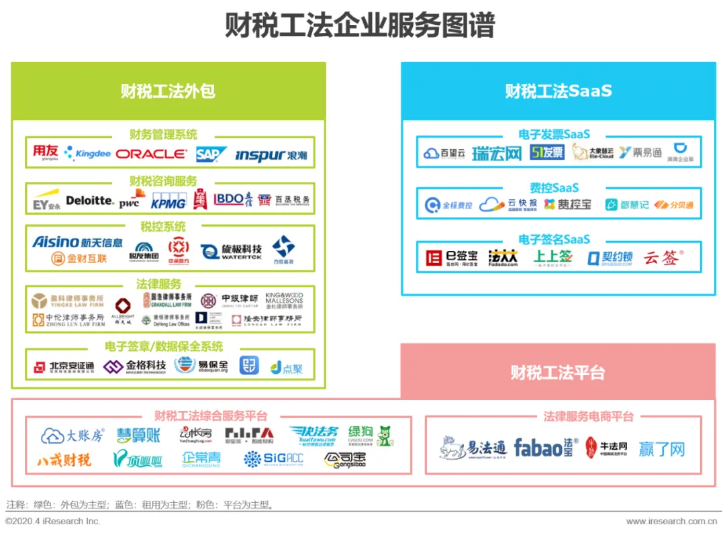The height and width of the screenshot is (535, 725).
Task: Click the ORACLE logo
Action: point(151,154)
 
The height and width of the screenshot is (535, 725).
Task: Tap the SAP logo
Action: point(211,154)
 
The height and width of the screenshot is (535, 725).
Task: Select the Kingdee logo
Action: point(87,154)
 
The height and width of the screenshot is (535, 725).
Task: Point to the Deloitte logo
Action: point(90,200)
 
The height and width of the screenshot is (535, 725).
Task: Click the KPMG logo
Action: point(168,201)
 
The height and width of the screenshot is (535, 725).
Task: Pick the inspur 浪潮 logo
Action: point(271,155)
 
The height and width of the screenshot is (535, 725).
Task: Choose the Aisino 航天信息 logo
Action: point(77,242)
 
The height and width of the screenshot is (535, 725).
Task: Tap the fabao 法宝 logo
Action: point(543,447)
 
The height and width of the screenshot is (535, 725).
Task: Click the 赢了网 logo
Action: point(662,448)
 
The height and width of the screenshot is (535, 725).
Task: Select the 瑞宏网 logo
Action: point(496,153)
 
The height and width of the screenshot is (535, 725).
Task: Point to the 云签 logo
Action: point(663,258)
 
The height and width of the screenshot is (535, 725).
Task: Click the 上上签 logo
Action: point(552,257)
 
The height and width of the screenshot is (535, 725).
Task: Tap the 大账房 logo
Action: point(72,436)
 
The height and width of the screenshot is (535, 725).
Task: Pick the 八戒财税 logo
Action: point(64,460)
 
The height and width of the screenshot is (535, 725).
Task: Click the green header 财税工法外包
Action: point(168,91)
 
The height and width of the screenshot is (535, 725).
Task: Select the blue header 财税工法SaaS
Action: point(559,91)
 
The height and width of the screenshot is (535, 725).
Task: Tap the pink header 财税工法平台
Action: point(557,372)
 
